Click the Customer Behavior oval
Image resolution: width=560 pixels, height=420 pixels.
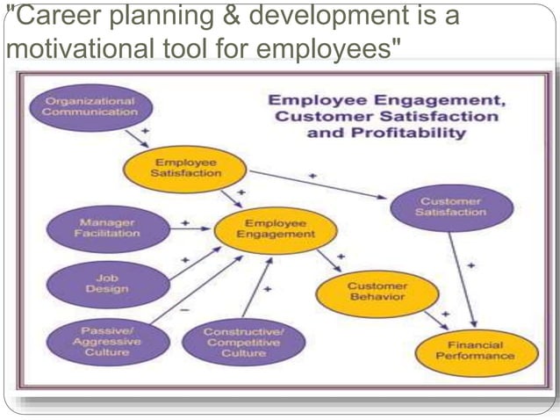(x=377, y=293)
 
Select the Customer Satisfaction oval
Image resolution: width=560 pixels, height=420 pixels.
(x=450, y=206)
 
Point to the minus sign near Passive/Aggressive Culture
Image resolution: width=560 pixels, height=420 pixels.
(x=183, y=310)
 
